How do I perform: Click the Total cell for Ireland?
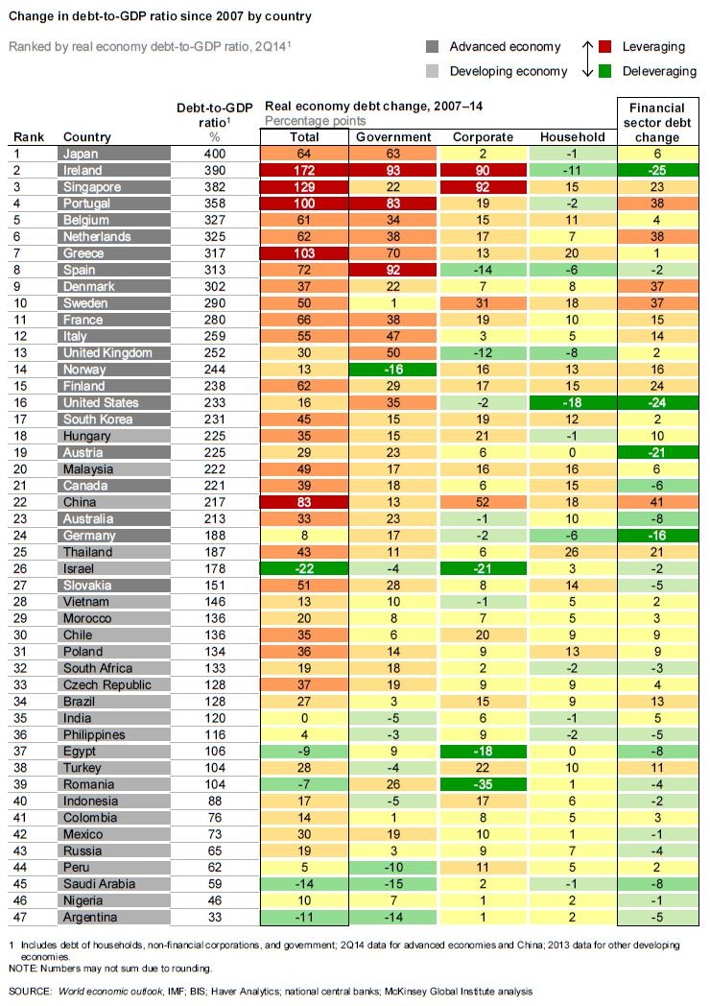pos(304,170)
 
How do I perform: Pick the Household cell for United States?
pos(572,402)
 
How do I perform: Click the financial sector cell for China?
pos(658,502)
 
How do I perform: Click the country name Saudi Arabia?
pos(99,883)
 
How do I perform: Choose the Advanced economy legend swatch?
pos(433,47)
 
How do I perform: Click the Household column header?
pos(572,137)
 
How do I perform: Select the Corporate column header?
pos(483,137)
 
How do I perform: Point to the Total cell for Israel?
pos(304,568)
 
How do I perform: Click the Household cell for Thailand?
pos(572,552)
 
